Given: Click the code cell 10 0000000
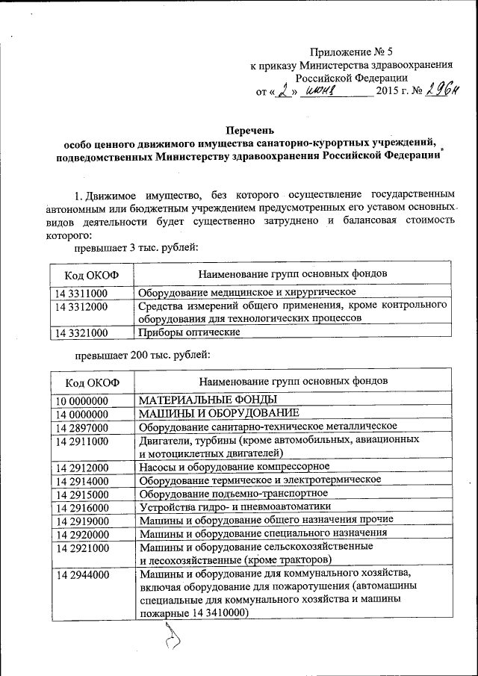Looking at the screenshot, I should coord(81,400).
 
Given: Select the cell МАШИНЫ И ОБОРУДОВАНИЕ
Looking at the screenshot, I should coord(220,413).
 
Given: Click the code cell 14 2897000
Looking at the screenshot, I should coord(81,427).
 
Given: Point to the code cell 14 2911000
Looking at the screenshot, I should coord(81,441).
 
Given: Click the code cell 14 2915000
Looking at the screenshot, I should coord(81,494).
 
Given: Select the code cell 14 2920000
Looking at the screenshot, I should coord(81,534).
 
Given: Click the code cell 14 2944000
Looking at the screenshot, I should coord(81,575).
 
